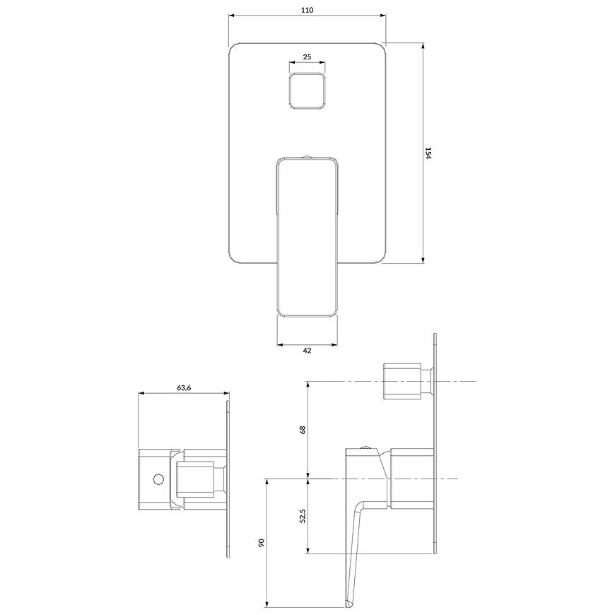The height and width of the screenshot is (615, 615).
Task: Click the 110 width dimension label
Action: tap(307, 10)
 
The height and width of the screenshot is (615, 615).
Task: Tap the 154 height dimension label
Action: tap(428, 153)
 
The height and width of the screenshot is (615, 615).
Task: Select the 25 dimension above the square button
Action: tap(307, 57)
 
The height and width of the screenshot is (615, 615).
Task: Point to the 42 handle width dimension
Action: tap(307, 350)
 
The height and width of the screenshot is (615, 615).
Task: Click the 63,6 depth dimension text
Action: tap(184, 388)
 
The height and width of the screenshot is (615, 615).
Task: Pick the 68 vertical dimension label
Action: tap(302, 430)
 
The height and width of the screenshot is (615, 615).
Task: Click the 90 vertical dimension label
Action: tap(262, 543)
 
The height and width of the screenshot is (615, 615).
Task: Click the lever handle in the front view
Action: tap(307, 237)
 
